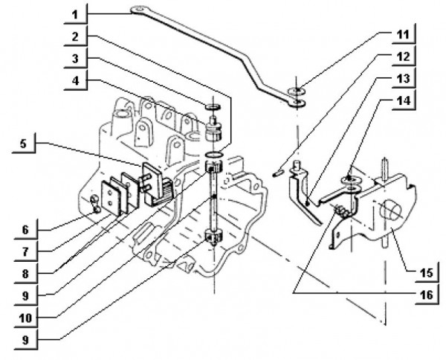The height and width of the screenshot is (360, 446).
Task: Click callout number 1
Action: [75, 13]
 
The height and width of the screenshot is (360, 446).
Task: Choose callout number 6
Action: [27, 229]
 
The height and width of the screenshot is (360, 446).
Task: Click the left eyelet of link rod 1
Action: [138, 10]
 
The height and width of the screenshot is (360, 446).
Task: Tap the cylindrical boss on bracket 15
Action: [391, 212]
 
